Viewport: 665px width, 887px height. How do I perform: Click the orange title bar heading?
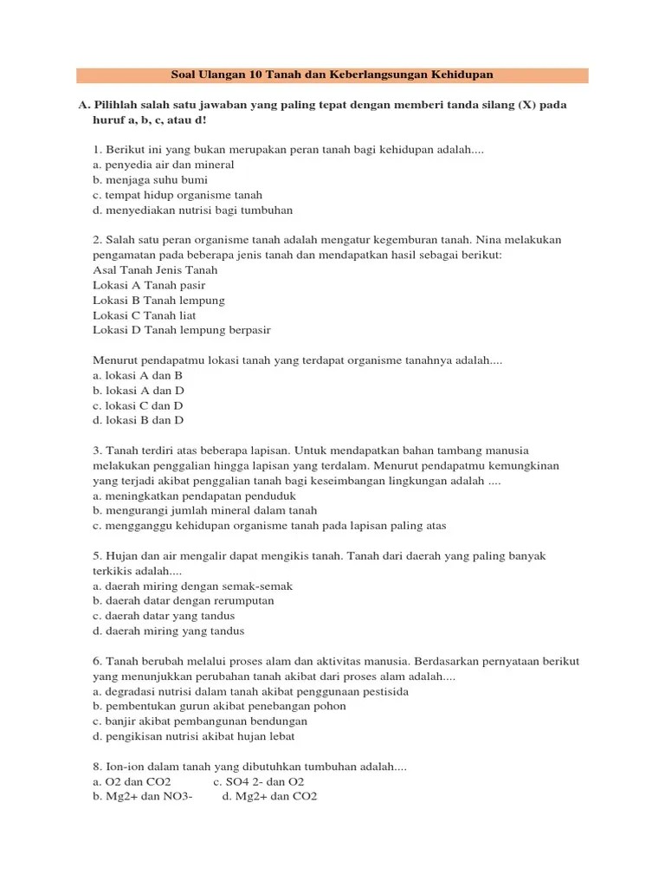tap(332, 75)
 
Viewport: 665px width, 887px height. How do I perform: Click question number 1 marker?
tap(97, 150)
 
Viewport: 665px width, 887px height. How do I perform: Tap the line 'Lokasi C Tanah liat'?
tap(144, 315)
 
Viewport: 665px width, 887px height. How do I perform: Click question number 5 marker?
tap(97, 556)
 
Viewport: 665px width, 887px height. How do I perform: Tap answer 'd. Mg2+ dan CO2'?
tap(269, 796)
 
